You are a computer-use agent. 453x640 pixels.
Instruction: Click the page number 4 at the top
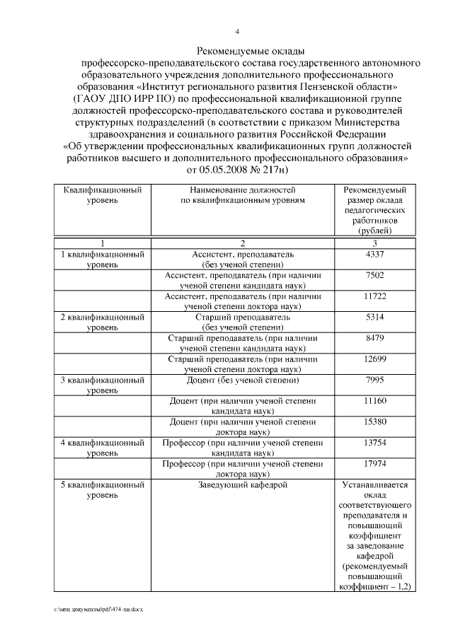tap(238, 31)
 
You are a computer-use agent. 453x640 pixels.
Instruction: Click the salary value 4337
tap(374, 254)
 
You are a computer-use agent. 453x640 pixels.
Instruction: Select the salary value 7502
tap(374, 275)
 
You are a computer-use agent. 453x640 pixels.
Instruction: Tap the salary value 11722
tap(374, 296)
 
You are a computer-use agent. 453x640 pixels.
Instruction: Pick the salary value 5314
tap(374, 318)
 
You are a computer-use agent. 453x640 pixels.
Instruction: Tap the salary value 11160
tap(374, 401)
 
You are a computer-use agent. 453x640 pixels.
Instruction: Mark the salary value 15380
tap(374, 422)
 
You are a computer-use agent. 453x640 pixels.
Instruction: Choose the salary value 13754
tap(374, 443)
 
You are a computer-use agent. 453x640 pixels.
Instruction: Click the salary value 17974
tap(374, 464)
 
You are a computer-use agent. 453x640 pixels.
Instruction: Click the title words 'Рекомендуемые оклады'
tap(241, 51)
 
